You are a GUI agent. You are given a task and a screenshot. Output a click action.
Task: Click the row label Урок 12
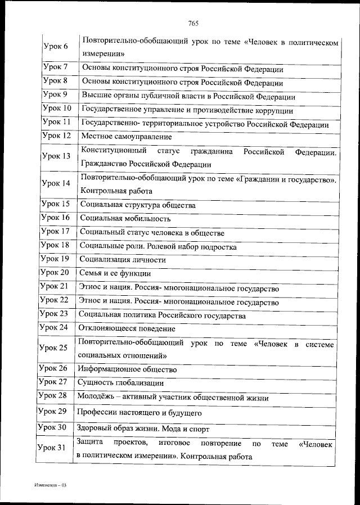tap(56, 136)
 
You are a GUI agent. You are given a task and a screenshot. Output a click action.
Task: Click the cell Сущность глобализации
tap(121, 383)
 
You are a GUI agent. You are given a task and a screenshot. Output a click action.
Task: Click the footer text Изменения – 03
tap(49, 485)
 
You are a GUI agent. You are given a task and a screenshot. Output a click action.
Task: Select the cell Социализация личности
tap(123, 259)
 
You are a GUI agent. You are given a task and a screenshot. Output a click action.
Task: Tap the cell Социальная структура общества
tap(137, 205)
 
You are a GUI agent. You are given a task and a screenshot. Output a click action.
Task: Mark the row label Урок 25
tap(54, 348)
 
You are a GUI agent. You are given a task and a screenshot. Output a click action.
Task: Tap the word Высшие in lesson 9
tap(94, 96)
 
